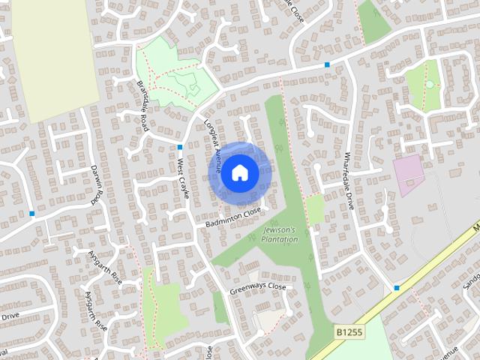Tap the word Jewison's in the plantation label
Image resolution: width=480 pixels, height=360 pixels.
(279, 229)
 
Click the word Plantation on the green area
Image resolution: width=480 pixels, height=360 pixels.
(279, 239)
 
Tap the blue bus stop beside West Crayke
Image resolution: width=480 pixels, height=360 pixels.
(181, 146)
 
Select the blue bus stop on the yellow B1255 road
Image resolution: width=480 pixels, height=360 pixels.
(397, 287)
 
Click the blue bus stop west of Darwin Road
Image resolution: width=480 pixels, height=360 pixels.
(32, 214)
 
